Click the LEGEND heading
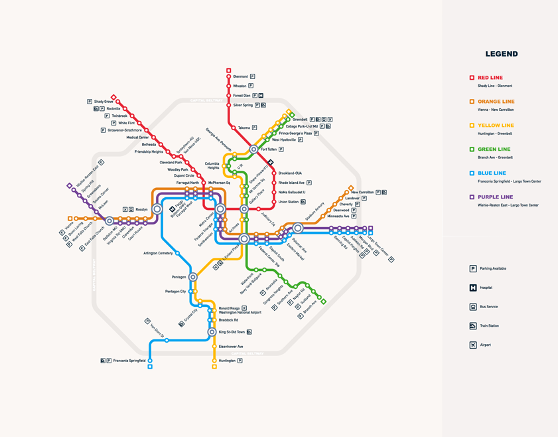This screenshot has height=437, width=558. pyautogui.click(x=501, y=54)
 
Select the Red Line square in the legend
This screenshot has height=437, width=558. pyautogui.click(x=472, y=78)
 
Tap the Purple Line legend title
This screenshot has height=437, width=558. pyautogui.click(x=495, y=197)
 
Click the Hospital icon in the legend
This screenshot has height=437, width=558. pyautogui.click(x=473, y=288)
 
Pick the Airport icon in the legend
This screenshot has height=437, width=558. pyautogui.click(x=473, y=345)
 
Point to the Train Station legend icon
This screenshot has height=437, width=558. pyautogui.click(x=473, y=326)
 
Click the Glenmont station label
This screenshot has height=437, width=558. pyautogui.click(x=240, y=76)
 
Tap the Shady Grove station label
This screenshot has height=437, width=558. pyautogui.click(x=103, y=102)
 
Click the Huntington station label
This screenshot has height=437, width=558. pyautogui.click(x=227, y=361)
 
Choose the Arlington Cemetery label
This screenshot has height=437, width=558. pyautogui.click(x=158, y=253)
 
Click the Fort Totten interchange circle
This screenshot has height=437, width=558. pyautogui.click(x=253, y=149)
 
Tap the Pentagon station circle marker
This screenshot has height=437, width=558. pyautogui.click(x=193, y=277)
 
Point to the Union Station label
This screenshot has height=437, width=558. pyautogui.click(x=289, y=202)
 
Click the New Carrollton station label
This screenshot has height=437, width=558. pyautogui.click(x=362, y=192)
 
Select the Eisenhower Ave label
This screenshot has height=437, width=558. pyautogui.click(x=231, y=347)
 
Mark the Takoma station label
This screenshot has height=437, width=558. pyautogui.click(x=244, y=128)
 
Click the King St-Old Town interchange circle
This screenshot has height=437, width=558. pyautogui.click(x=212, y=332)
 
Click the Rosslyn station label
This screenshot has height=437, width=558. pyautogui.click(x=141, y=209)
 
